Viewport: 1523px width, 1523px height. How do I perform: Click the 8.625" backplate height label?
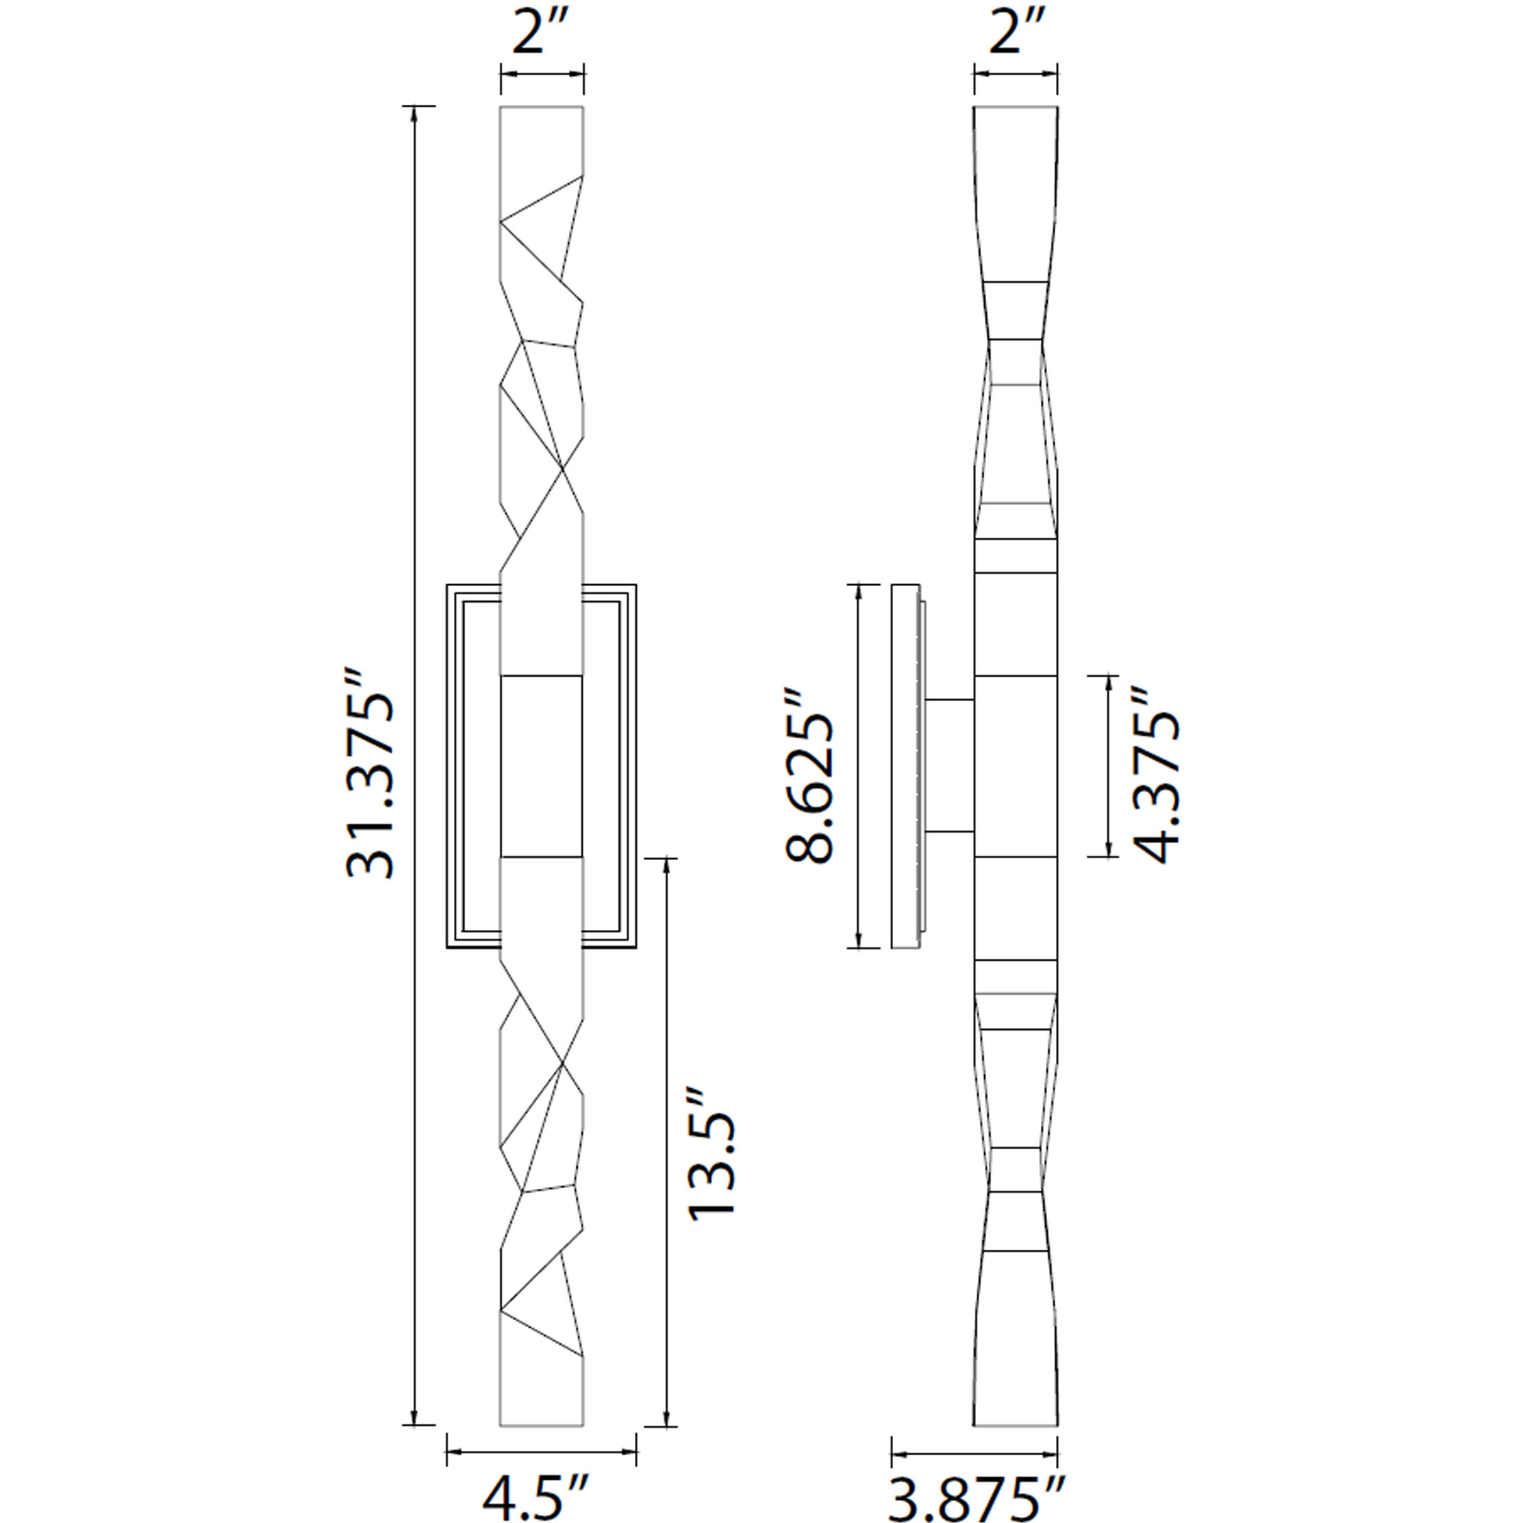click(809, 777)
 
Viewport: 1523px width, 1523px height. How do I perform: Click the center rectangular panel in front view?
click(542, 766)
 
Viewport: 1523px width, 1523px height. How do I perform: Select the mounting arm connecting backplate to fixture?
click(950, 766)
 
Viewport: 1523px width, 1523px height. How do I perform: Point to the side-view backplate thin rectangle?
click(905, 766)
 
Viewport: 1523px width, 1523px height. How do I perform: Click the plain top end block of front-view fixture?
click(542, 138)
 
